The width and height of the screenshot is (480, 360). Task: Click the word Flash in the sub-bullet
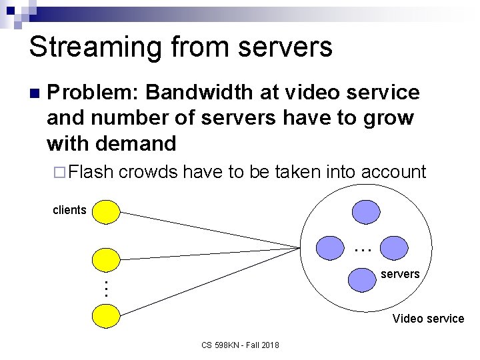pyautogui.click(x=93, y=172)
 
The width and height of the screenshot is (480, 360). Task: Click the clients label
pyautogui.click(x=69, y=210)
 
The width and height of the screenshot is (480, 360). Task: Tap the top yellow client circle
pyautogui.click(x=106, y=212)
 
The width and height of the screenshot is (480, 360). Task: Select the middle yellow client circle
pyautogui.click(x=106, y=259)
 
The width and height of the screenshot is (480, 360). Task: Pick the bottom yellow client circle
pyautogui.click(x=106, y=316)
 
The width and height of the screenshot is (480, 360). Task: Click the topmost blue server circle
pyautogui.click(x=366, y=212)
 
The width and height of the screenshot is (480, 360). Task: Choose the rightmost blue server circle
pyautogui.click(x=394, y=247)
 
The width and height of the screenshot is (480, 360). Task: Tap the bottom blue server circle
pyautogui.click(x=363, y=280)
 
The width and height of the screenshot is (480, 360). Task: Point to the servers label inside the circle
pyautogui.click(x=400, y=274)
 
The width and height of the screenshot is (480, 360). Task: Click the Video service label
pyautogui.click(x=428, y=319)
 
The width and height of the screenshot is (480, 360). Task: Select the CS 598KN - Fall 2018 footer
pyautogui.click(x=240, y=345)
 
